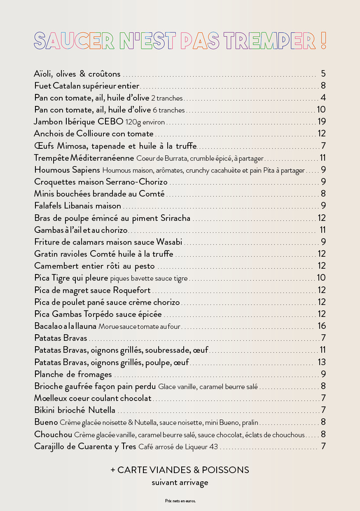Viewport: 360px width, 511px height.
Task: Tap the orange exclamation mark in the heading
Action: (x=323, y=40)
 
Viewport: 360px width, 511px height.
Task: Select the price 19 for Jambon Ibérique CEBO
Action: (x=322, y=122)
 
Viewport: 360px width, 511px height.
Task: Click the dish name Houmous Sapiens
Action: (x=67, y=170)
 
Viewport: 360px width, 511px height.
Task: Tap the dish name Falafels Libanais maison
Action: (x=78, y=206)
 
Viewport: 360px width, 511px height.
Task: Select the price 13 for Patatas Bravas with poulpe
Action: (x=322, y=362)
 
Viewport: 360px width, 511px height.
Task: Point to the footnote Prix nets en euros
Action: (x=180, y=501)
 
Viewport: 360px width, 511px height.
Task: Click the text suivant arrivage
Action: (x=180, y=482)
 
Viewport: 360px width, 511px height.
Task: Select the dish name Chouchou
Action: (x=53, y=434)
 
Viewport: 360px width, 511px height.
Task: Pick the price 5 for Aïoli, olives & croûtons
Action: (x=323, y=74)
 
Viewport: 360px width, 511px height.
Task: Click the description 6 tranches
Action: (x=169, y=110)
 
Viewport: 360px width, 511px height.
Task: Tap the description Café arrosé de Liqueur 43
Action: (x=178, y=447)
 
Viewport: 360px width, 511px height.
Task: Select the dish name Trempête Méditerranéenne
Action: (x=84, y=158)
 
